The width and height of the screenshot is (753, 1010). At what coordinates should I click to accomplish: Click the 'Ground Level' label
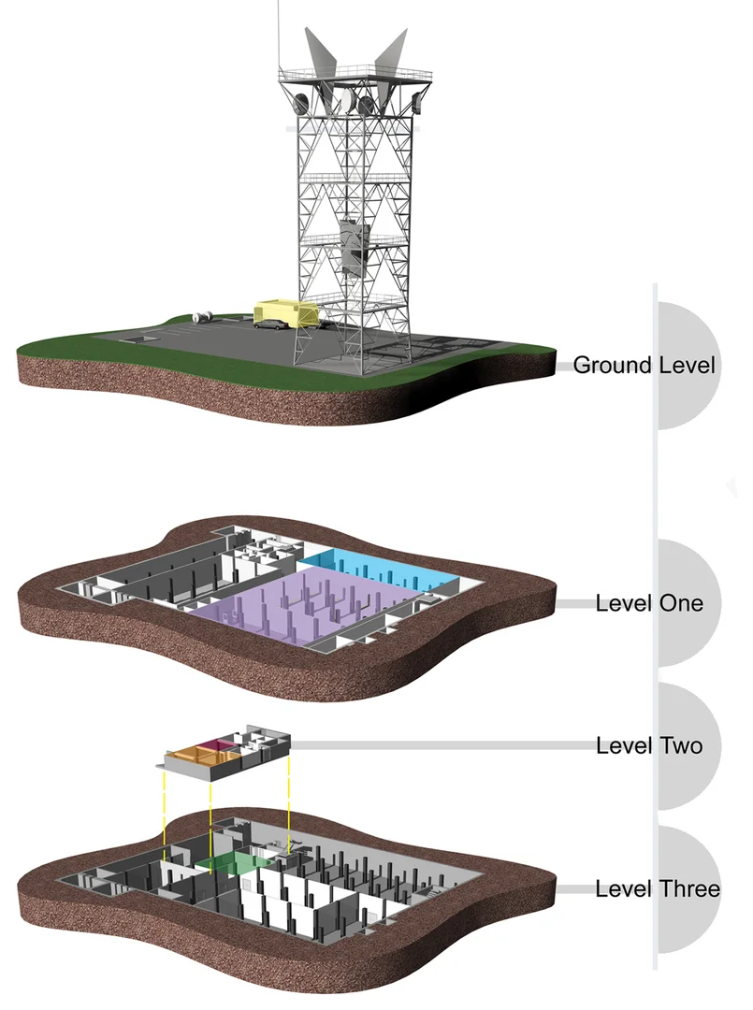pyautogui.click(x=644, y=365)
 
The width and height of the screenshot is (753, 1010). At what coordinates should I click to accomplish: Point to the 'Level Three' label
pyautogui.click(x=658, y=888)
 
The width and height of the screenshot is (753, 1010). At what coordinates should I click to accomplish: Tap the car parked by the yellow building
pyautogui.click(x=269, y=324)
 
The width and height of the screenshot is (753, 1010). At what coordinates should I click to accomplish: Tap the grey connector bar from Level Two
pyautogui.click(x=440, y=745)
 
